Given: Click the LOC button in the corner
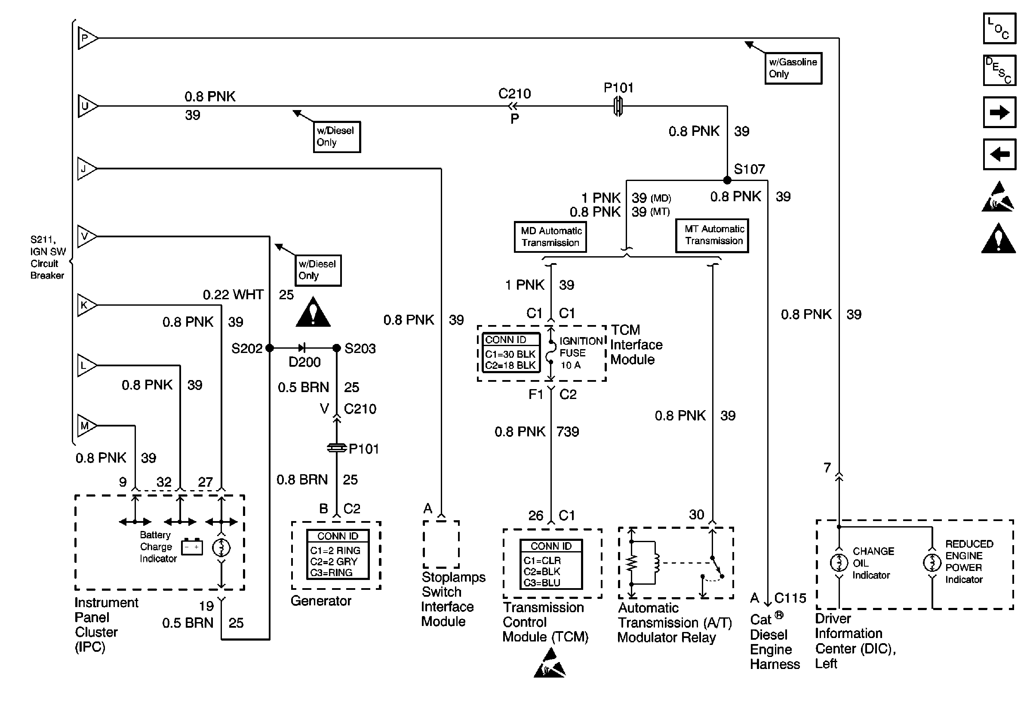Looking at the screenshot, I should pos(999,28).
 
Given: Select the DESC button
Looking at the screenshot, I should pos(999,70).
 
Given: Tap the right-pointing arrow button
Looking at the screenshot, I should pos(999,112).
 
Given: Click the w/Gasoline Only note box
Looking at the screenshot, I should pos(793,68).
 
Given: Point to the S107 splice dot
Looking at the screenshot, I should pos(727,180).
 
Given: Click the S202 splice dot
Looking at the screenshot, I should pos(270,348).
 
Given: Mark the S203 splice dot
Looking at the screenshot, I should pos(337,348).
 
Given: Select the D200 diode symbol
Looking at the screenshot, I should pos(302,348).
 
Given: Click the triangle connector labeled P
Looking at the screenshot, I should pos(87,38).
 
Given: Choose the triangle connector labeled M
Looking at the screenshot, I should pos(86,425).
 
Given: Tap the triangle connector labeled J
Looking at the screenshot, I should pos(86,169).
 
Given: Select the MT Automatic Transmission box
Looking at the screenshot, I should pos(712,235).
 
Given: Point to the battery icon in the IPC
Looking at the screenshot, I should pos(192,547).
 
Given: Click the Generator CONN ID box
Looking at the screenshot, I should pos(338,554).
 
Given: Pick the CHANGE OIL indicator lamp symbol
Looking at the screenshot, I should pos(839,562).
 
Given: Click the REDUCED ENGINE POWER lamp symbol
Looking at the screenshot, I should pos(932,562).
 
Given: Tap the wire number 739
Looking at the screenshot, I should pos(568,432).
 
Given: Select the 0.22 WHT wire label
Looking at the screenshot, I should pos(233,295).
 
